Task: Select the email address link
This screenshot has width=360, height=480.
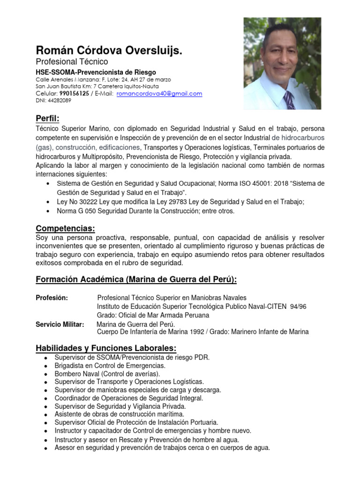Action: pyautogui.click(x=159, y=94)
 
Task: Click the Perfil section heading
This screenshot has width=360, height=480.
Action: pyautogui.click(x=48, y=117)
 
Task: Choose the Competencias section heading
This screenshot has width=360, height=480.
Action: pyautogui.click(x=65, y=228)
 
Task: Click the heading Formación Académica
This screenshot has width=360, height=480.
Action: pyautogui.click(x=136, y=280)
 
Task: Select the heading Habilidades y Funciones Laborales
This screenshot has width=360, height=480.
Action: pyautogui.click(x=106, y=348)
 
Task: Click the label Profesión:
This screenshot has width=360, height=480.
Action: pyautogui.click(x=52, y=298)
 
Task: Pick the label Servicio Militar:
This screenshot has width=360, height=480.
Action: pyautogui.click(x=60, y=324)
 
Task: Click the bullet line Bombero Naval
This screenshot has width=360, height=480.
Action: pyautogui.click(x=107, y=374)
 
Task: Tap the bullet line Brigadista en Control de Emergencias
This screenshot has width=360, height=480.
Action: pyautogui.click(x=110, y=366)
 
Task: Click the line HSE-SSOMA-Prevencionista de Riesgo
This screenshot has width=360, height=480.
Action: pyautogui.click(x=96, y=72)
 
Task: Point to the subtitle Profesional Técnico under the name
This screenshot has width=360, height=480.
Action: pyautogui.click(x=72, y=62)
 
